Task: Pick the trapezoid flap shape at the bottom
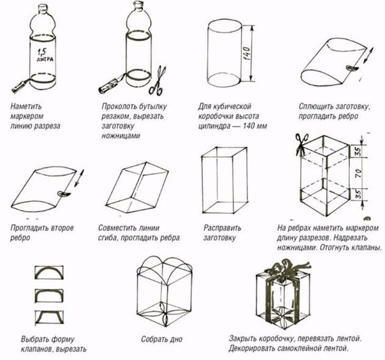pos(48,317)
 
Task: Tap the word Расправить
pos(222,227)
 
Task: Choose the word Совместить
pos(119,227)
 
